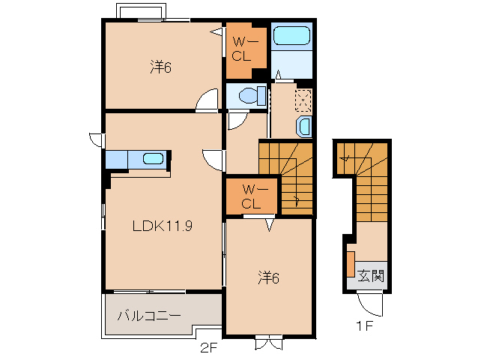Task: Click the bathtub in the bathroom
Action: click(x=291, y=35)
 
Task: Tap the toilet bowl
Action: click(x=252, y=95)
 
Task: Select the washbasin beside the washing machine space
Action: click(x=303, y=126)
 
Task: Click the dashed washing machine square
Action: click(x=303, y=100)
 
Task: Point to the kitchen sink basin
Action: click(x=154, y=159)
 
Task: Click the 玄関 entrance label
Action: click(x=370, y=275)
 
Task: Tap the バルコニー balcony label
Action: click(x=149, y=316)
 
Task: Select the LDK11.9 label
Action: click(x=163, y=226)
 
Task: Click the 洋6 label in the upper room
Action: click(x=160, y=67)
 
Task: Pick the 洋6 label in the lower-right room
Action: click(x=268, y=278)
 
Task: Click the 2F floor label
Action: click(x=209, y=348)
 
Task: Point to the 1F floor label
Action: click(x=365, y=326)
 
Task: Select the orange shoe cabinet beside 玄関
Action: click(x=351, y=264)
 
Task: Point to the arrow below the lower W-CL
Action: click(x=270, y=225)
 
